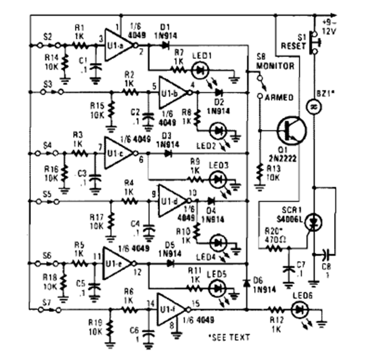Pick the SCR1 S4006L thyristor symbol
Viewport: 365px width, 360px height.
(x=314, y=221)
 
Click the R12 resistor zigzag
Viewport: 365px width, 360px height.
(x=277, y=310)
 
